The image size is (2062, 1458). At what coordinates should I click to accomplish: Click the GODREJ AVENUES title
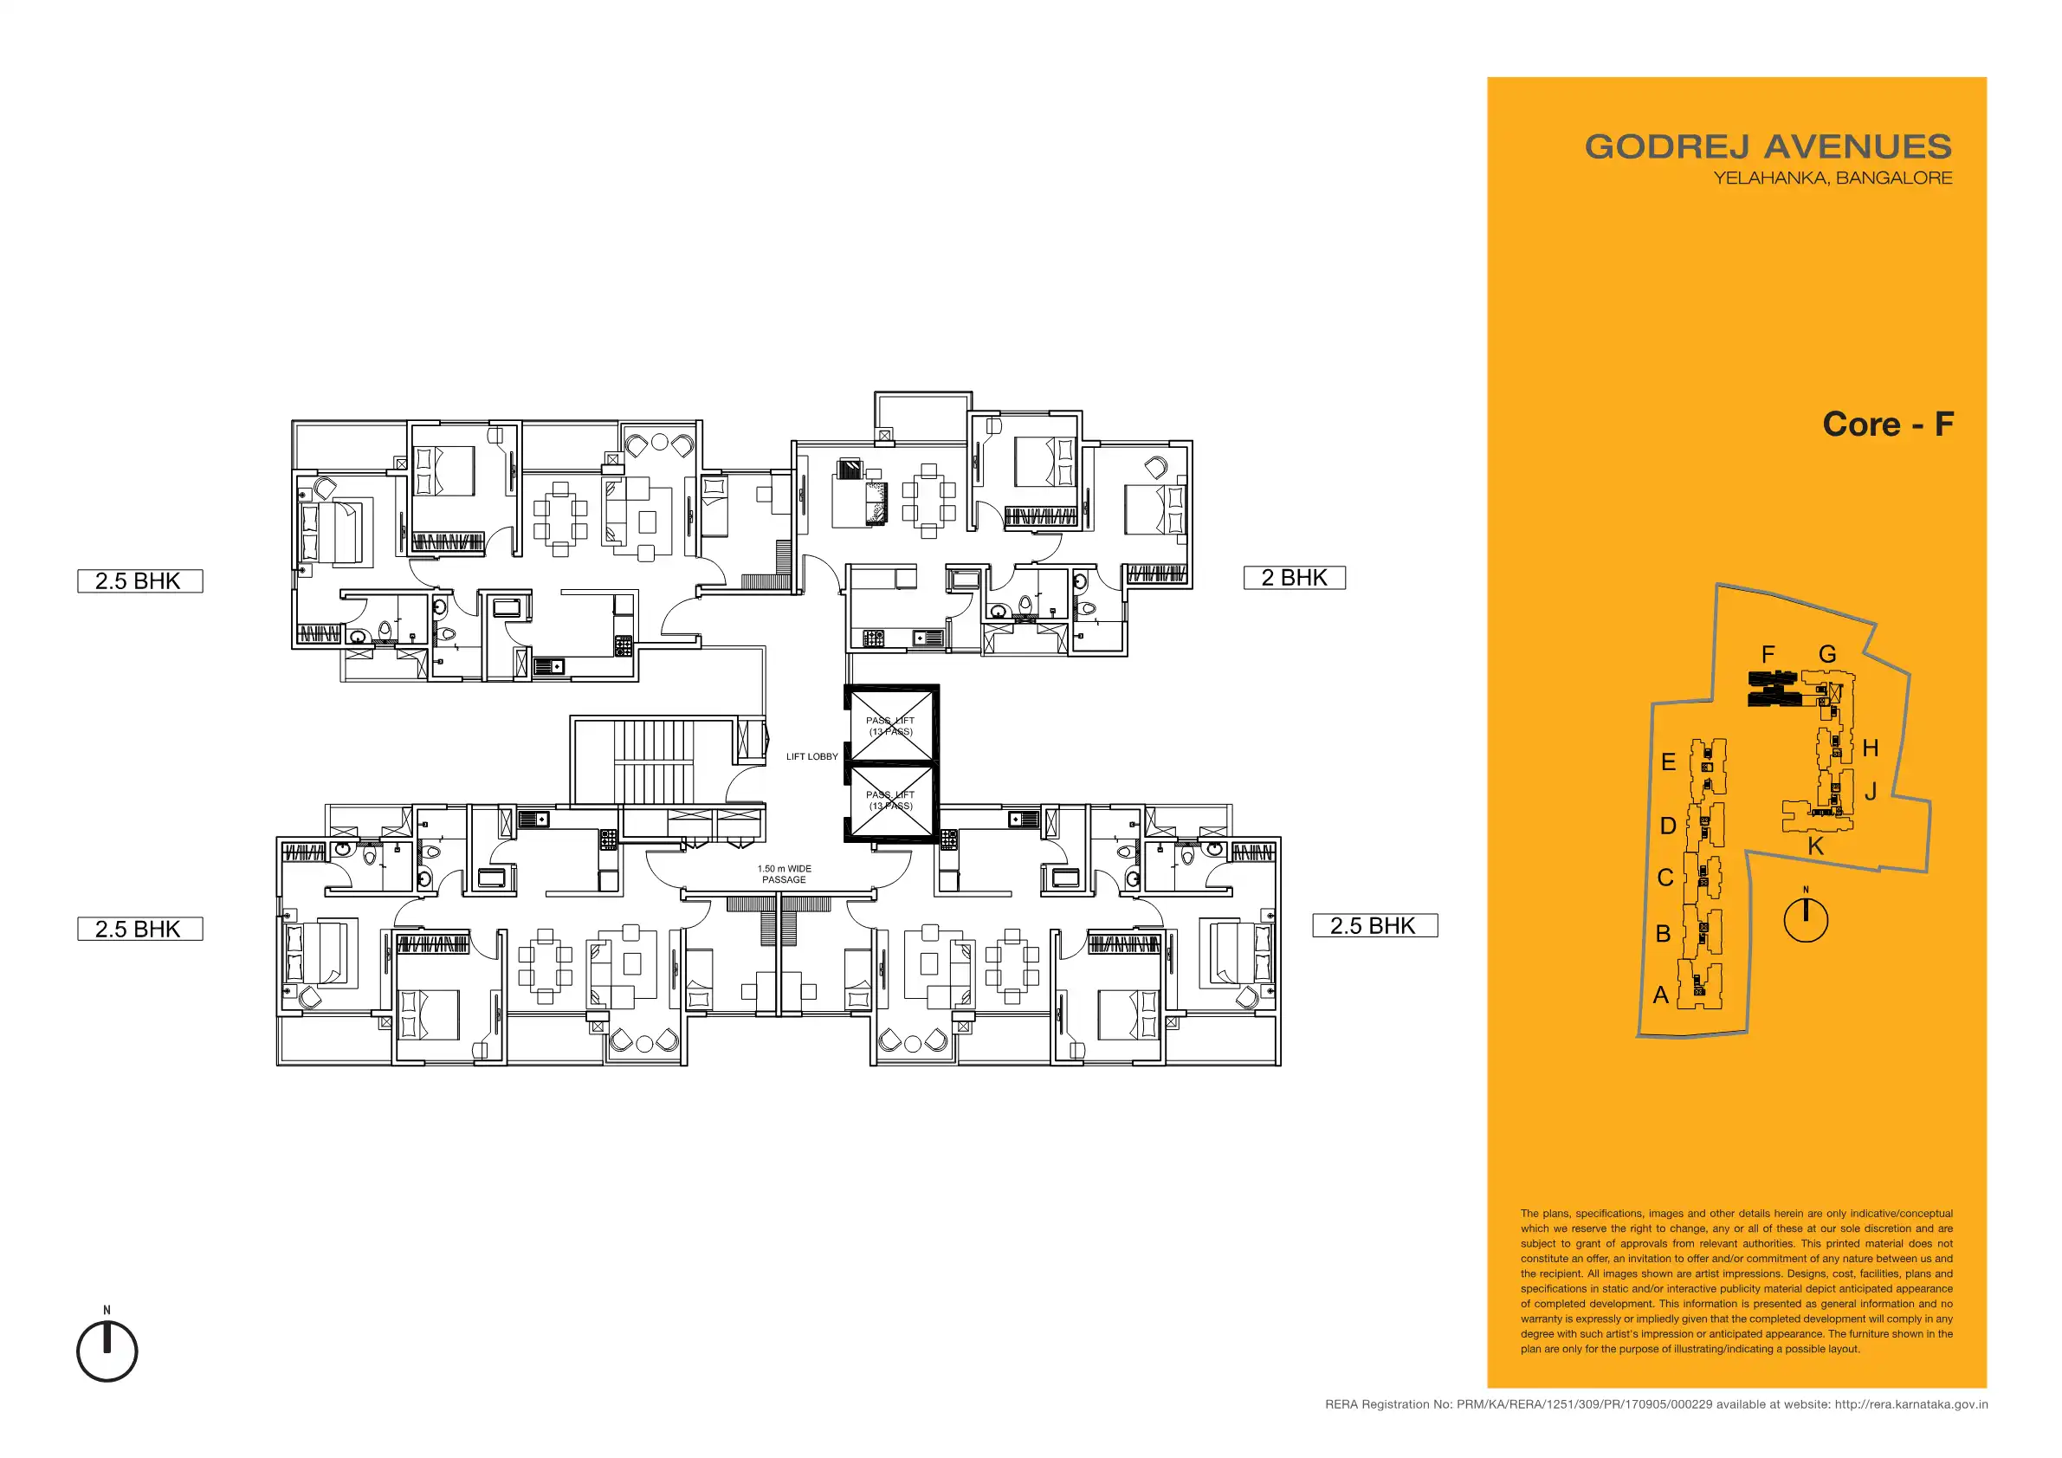click(x=1768, y=146)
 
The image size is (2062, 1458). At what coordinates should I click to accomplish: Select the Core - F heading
click(x=1888, y=424)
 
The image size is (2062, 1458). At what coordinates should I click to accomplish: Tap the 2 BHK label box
click(x=1294, y=578)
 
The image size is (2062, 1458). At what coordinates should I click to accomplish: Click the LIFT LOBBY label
click(x=811, y=756)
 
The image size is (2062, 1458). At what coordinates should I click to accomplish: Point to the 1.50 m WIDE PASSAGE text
click(x=784, y=874)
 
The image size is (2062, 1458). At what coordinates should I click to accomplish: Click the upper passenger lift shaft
click(x=891, y=725)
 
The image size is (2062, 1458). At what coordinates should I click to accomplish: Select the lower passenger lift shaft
click(x=891, y=801)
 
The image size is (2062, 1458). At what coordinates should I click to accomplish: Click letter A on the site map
click(x=1660, y=995)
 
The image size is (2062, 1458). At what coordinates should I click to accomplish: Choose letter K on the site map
click(x=1816, y=846)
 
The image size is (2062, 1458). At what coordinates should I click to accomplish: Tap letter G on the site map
click(x=1827, y=654)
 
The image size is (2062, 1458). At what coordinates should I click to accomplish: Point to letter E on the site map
click(x=1669, y=761)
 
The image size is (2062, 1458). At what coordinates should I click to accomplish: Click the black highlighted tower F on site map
click(x=1773, y=688)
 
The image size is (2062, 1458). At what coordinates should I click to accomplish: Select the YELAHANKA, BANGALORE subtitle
click(x=1833, y=178)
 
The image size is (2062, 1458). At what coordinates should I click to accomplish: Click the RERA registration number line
click(x=1656, y=1404)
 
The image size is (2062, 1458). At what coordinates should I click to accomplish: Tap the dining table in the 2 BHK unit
click(x=929, y=501)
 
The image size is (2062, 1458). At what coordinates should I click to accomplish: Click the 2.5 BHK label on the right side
click(x=1375, y=925)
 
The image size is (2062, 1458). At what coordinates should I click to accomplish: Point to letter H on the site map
click(x=1870, y=748)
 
